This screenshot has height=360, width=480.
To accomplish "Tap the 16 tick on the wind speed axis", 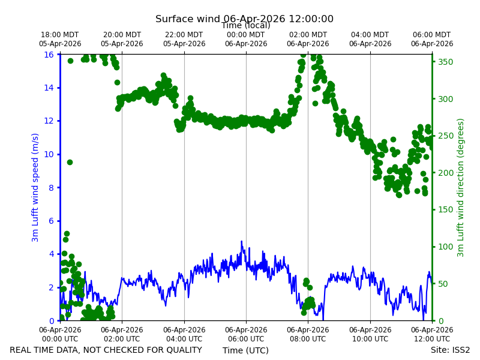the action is click(x=49, y=55).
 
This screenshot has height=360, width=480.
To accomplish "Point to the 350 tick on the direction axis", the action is click(x=445, y=62).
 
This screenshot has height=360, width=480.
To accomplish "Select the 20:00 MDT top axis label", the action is click(x=122, y=39).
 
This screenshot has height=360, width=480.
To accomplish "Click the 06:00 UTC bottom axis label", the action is click(x=246, y=334).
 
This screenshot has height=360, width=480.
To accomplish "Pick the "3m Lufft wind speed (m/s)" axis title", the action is click(x=35, y=187).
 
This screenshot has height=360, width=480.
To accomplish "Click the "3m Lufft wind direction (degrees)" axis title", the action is click(x=460, y=188).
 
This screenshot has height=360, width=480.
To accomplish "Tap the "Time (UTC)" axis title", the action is click(x=245, y=350).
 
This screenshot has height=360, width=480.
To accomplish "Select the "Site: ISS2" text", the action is click(x=451, y=350).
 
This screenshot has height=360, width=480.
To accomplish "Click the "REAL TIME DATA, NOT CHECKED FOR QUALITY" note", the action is click(x=106, y=350).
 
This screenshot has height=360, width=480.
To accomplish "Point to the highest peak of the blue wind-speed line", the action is click(x=241, y=241).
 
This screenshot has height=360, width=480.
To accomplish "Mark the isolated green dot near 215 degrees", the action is click(x=70, y=162).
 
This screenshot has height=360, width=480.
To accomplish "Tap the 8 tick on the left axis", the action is click(x=51, y=188).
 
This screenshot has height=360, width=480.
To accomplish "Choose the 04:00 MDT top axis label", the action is click(x=370, y=39).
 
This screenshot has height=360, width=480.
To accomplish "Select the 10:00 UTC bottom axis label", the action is click(x=370, y=334).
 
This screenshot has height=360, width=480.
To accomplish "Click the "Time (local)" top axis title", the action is click(x=246, y=25).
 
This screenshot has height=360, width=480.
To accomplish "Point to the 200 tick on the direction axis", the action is click(x=445, y=173).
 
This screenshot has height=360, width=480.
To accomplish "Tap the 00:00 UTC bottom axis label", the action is click(x=60, y=334).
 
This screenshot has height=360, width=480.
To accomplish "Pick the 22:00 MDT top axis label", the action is click(x=184, y=39).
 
